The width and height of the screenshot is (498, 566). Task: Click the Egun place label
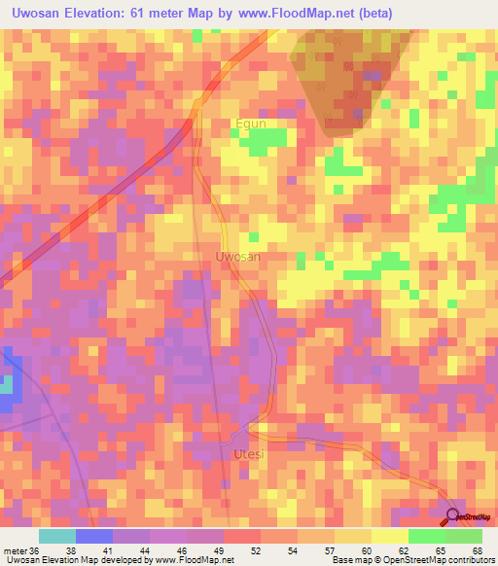tap(250, 124)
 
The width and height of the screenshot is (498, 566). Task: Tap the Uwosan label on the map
tap(237, 257)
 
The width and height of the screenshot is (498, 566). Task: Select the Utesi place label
tap(249, 454)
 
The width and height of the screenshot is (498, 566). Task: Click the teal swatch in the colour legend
tap(56, 536)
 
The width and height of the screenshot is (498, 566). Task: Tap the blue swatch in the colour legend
tap(93, 536)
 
